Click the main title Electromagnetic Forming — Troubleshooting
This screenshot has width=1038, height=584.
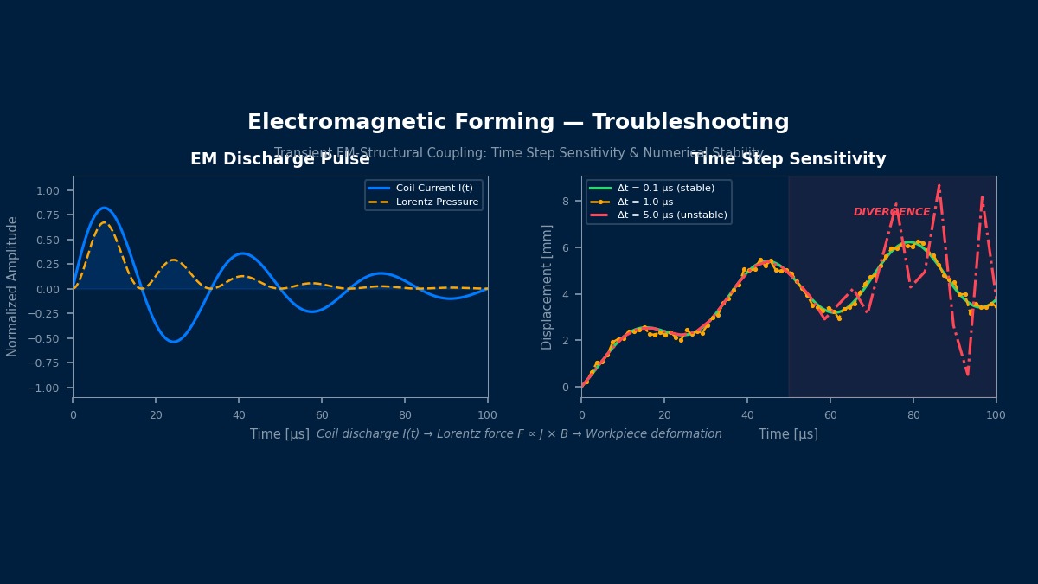click(518, 123)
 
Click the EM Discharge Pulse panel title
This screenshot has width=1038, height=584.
click(279, 159)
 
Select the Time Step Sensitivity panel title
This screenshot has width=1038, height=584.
click(788, 159)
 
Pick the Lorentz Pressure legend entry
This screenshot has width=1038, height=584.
click(437, 202)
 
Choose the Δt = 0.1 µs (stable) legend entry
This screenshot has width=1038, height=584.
click(671, 188)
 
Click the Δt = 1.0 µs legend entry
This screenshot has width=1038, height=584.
click(644, 202)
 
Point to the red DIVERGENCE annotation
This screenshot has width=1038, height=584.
click(892, 212)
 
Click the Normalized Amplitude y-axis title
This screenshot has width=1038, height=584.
click(13, 286)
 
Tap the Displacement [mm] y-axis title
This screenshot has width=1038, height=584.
click(547, 286)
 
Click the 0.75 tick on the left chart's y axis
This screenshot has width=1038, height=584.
click(48, 215)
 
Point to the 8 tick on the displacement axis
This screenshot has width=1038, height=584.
click(566, 202)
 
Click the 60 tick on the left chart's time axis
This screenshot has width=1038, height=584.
click(321, 414)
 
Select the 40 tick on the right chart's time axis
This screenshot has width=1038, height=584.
click(747, 414)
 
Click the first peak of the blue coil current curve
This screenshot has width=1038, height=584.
click(105, 208)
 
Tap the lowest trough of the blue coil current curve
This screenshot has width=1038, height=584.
click(174, 341)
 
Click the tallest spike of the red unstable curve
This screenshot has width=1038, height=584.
click(939, 184)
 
